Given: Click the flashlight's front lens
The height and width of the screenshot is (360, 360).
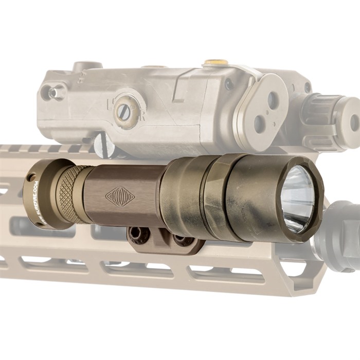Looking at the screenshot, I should coord(297,199).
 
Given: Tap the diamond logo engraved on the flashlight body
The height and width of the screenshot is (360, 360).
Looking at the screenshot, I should coord(120,196).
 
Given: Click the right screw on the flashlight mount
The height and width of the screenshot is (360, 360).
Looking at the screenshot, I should coord(178,240).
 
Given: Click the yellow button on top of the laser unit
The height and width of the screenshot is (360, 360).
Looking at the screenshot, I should coord(215,62).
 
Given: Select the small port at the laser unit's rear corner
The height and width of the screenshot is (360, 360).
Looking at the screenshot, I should coord(51,93).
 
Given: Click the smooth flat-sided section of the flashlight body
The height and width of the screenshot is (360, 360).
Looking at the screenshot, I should coord(123,195).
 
